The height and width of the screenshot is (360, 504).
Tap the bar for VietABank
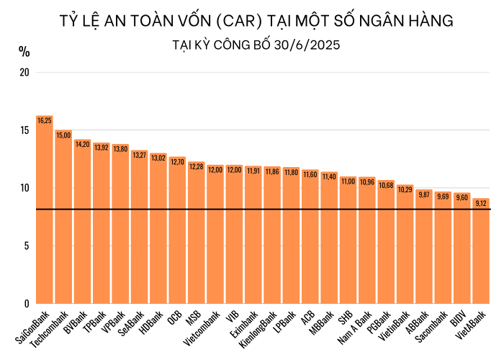[480, 252]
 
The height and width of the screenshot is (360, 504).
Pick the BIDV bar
[462, 248]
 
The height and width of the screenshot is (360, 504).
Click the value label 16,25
[45, 120]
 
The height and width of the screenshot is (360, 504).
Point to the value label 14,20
[82, 144]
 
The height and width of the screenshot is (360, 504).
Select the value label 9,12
[480, 203]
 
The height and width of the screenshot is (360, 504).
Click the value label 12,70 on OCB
[177, 161]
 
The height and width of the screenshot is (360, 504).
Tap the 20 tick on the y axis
[25, 73]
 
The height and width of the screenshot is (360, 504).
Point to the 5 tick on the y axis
[25, 246]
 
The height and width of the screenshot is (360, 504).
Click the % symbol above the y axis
[24, 51]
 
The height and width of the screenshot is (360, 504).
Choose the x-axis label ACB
[307, 318]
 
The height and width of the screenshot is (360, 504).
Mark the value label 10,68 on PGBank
[386, 185]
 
